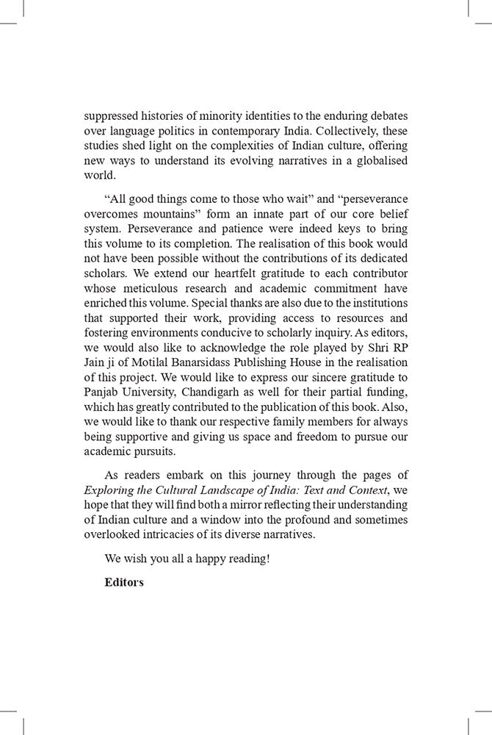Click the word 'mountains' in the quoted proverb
[x=157, y=215]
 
